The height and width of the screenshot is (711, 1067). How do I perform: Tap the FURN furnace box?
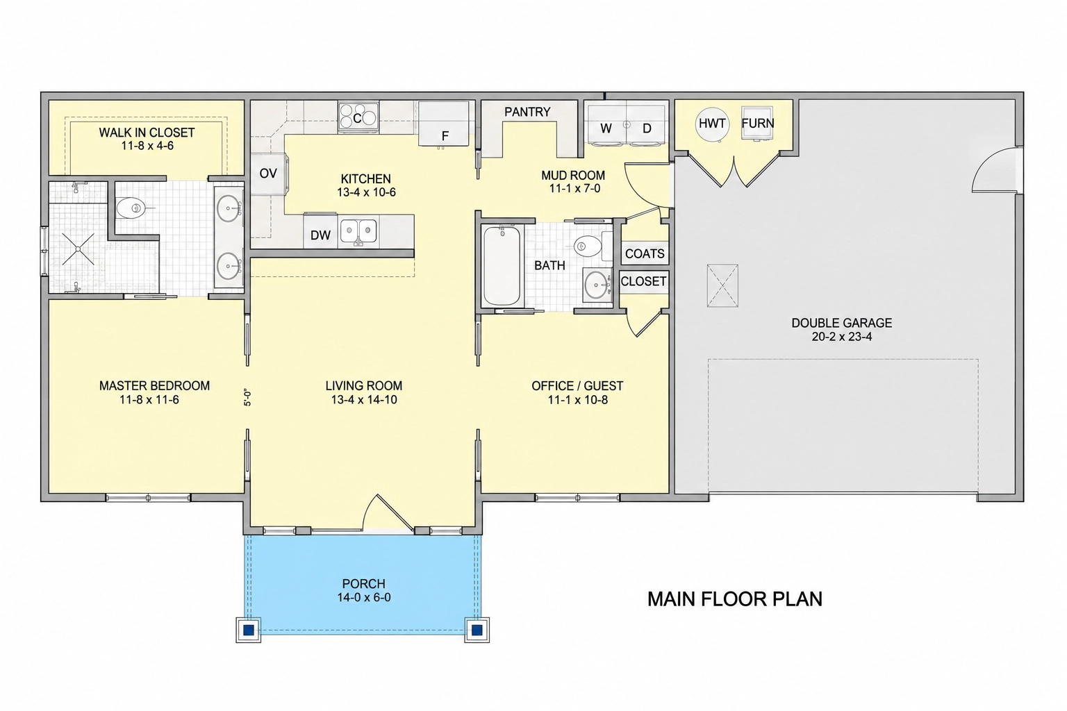757,123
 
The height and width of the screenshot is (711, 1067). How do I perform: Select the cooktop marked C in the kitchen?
358,117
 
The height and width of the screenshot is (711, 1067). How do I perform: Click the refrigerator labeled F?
443,124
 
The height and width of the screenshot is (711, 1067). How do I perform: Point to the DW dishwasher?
320,233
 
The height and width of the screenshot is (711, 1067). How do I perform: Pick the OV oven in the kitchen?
269,174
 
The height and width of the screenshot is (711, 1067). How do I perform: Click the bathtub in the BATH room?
502,266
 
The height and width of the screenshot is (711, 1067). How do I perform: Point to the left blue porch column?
248,630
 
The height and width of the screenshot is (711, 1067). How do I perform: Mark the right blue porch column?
477,630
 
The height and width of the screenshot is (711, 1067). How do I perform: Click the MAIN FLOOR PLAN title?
734,599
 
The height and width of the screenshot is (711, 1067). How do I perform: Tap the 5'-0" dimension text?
247,397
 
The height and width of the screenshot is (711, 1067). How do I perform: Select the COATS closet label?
645,254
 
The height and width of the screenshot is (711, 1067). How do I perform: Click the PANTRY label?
527,112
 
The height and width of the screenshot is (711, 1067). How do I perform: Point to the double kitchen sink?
358,231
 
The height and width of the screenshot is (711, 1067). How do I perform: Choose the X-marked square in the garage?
722,286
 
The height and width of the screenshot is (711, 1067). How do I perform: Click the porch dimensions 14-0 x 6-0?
364,597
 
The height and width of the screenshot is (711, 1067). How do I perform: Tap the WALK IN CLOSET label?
147,133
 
